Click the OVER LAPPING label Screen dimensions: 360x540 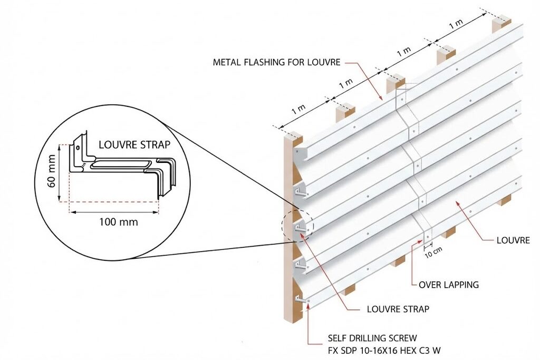(448, 285)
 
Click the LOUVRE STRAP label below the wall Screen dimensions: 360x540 (398, 309)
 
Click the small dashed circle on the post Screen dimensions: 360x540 (298, 227)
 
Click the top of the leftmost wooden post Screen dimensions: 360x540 (293, 138)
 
